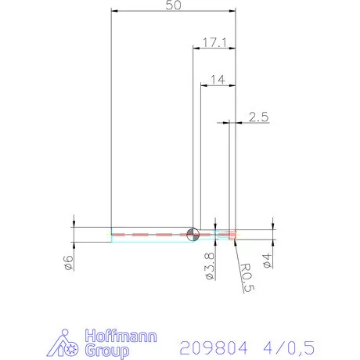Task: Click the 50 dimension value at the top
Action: click(174, 6)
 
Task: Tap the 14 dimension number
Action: click(218, 79)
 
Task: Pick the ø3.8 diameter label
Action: click(209, 265)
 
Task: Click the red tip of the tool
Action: click(232, 233)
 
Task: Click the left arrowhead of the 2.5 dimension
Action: click(225, 122)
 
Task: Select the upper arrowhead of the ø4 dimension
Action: click(272, 227)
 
